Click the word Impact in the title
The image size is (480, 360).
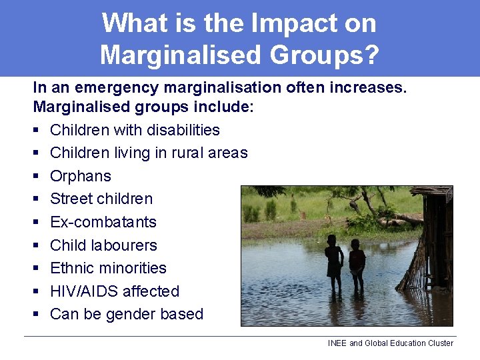pyautogui.click(x=280, y=23)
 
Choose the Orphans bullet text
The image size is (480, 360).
pyautogui.click(x=81, y=176)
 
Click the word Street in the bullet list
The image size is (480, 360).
pyautogui.click(x=71, y=199)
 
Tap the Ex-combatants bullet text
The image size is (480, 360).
pyautogui.click(x=103, y=222)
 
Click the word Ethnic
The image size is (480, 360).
pyautogui.click(x=71, y=268)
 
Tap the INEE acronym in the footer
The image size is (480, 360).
pyautogui.click(x=337, y=343)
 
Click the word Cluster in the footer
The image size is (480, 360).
pyautogui.click(x=439, y=343)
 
